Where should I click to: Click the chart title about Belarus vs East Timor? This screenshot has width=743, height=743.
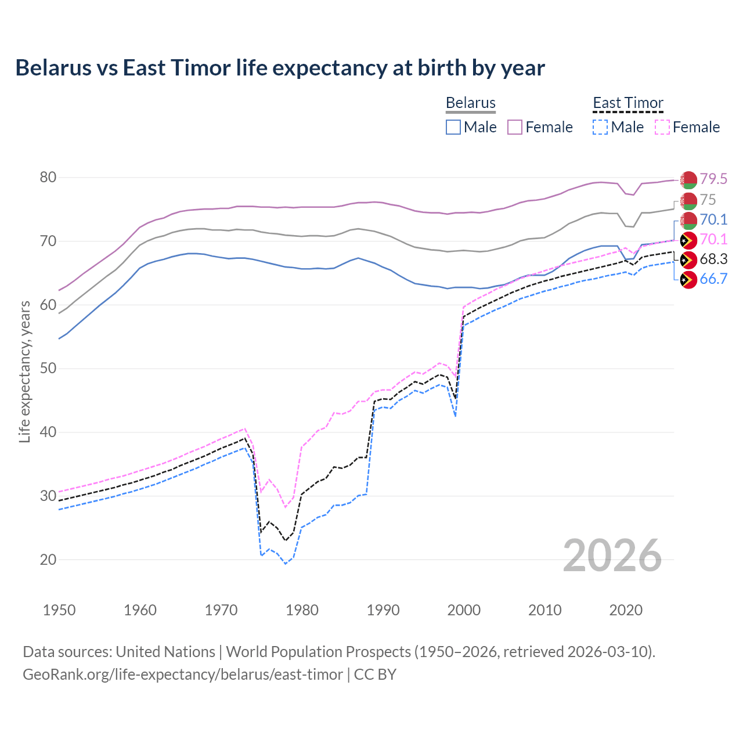click(x=280, y=68)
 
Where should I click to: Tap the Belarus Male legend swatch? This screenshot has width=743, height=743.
click(x=453, y=127)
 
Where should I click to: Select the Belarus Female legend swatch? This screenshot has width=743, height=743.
click(x=515, y=127)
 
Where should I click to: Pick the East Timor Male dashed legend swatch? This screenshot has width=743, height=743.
click(x=600, y=127)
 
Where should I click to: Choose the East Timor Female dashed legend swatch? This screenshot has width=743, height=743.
click(x=662, y=127)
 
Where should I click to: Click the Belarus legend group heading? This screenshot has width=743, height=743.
click(x=470, y=103)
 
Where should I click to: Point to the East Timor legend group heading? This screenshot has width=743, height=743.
click(x=627, y=103)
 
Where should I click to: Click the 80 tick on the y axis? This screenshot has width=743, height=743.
click(x=48, y=178)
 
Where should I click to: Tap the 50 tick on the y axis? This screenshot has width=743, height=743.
click(x=48, y=369)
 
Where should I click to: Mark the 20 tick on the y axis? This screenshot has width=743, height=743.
click(x=48, y=560)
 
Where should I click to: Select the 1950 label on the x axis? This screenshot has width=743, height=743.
click(x=59, y=610)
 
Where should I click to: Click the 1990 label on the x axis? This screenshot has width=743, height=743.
click(x=383, y=610)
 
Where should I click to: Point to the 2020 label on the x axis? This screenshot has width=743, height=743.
click(x=626, y=610)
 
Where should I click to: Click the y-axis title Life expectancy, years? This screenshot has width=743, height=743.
click(x=24, y=371)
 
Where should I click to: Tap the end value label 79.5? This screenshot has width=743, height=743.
click(x=713, y=179)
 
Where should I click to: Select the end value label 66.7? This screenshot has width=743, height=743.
click(x=713, y=279)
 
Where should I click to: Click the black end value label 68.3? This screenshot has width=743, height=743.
click(x=713, y=259)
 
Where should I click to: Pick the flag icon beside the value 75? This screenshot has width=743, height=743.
click(x=688, y=200)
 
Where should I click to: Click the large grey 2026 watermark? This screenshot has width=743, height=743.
click(x=612, y=556)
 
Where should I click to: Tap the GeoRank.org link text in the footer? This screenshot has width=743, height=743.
click(x=183, y=675)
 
